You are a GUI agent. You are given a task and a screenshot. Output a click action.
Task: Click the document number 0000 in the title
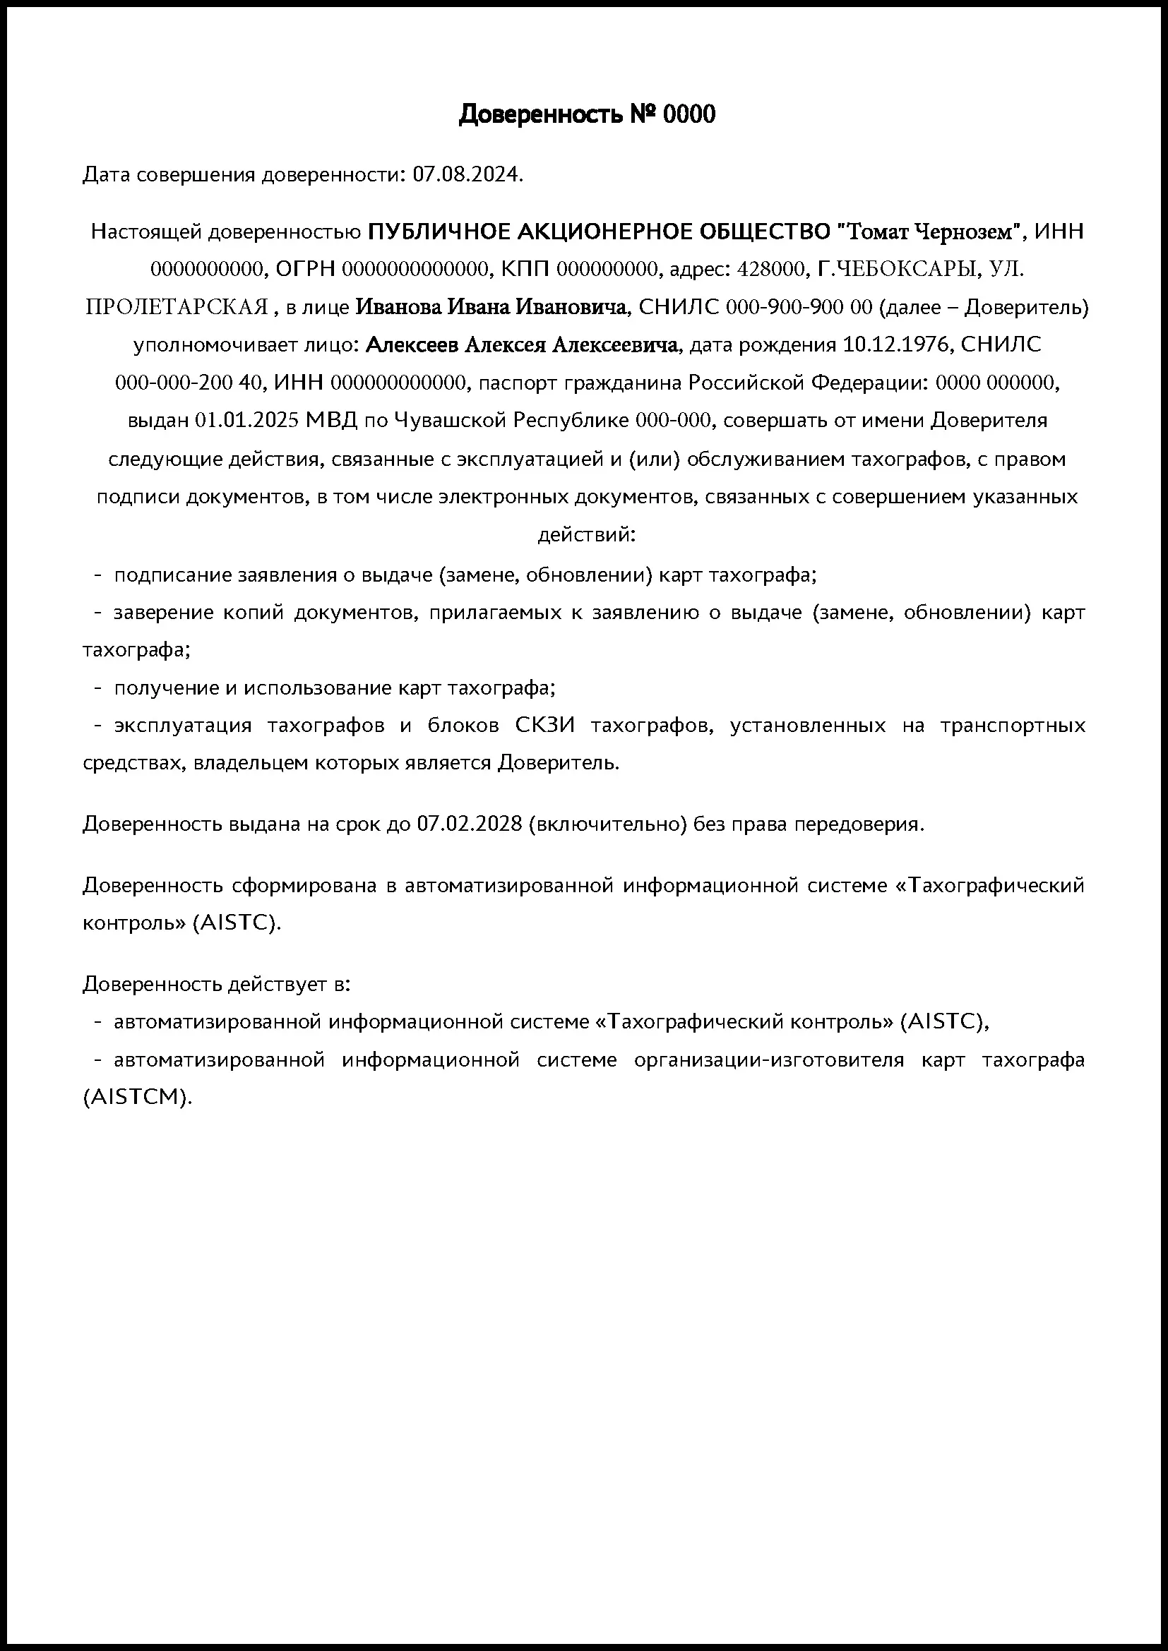click(x=689, y=114)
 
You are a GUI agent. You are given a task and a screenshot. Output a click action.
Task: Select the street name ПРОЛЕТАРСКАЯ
click(x=177, y=308)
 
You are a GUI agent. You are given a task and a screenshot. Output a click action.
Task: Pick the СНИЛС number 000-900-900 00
click(x=799, y=308)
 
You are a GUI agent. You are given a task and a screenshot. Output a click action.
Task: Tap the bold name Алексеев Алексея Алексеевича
click(x=521, y=345)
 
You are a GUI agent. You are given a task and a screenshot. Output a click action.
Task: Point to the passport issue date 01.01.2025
click(x=246, y=420)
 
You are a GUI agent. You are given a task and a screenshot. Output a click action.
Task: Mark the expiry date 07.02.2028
click(x=469, y=823)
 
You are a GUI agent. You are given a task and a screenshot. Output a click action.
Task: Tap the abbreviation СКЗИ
click(x=544, y=725)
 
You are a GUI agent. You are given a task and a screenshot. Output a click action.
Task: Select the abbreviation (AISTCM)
click(x=138, y=1098)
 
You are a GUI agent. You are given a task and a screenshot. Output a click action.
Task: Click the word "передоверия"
click(x=858, y=823)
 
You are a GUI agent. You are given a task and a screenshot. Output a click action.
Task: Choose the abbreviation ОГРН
click(x=305, y=270)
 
